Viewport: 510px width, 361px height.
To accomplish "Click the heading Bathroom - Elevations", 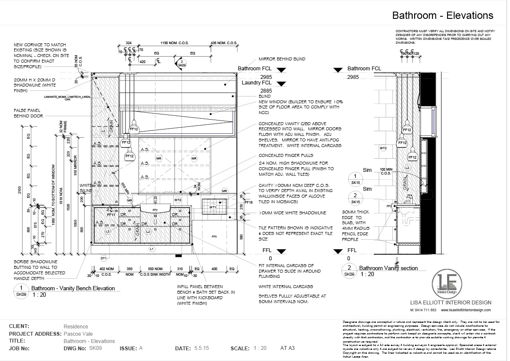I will tap(443, 16).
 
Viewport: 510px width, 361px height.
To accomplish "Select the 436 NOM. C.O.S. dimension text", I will tap(224, 43).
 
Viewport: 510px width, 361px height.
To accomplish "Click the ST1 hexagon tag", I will tap(103, 258).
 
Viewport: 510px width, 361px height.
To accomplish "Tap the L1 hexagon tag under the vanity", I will tap(151, 249).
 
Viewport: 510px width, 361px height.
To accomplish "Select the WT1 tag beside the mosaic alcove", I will tap(212, 208).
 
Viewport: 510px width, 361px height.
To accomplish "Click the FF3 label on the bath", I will tap(214, 236).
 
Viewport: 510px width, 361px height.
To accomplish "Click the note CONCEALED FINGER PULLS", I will tap(286, 155).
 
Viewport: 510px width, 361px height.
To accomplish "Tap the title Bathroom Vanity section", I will tap(388, 268).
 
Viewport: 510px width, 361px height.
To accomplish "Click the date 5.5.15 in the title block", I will tap(201, 349).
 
